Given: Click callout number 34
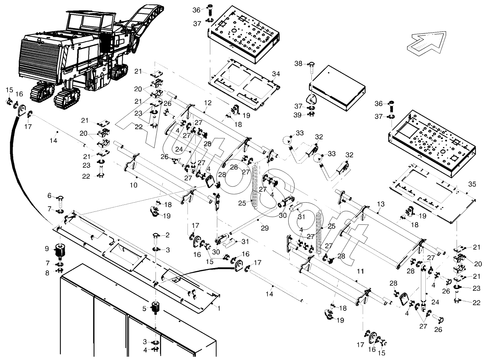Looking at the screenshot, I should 276,74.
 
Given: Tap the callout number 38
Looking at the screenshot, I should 299,63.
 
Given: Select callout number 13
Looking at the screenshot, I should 380,203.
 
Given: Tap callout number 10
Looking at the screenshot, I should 133,185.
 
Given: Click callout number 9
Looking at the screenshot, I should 47,249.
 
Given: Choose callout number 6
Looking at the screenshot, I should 49,195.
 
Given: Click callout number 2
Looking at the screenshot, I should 168,235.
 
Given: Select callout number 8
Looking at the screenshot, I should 47,272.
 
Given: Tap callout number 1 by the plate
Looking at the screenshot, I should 219,308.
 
